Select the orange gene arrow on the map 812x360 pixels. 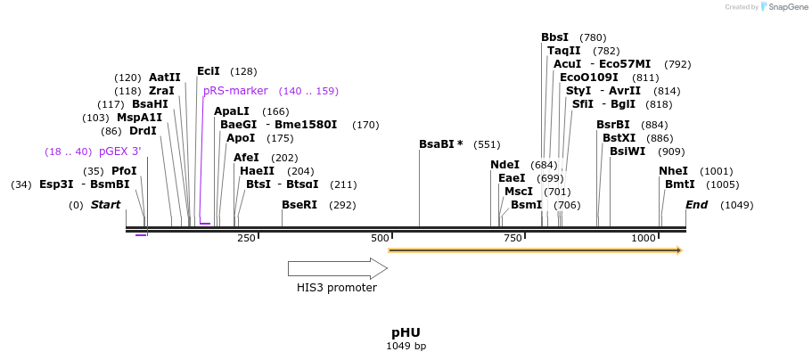[x=535, y=250]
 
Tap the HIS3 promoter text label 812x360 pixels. [x=337, y=288]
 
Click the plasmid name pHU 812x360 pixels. [x=406, y=332]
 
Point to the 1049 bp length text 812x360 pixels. [x=406, y=346]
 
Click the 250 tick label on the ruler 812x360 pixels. [x=246, y=238]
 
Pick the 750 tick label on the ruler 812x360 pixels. [x=513, y=238]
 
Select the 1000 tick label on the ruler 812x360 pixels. [x=644, y=238]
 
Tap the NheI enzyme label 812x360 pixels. [x=673, y=171]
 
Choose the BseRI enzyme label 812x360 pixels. [x=299, y=205]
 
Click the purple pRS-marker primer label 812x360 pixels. [x=235, y=91]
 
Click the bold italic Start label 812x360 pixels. [x=105, y=205]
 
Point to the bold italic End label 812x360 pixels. [x=696, y=205]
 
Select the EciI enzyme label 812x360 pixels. [x=209, y=71]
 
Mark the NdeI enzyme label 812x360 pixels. [x=505, y=165]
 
